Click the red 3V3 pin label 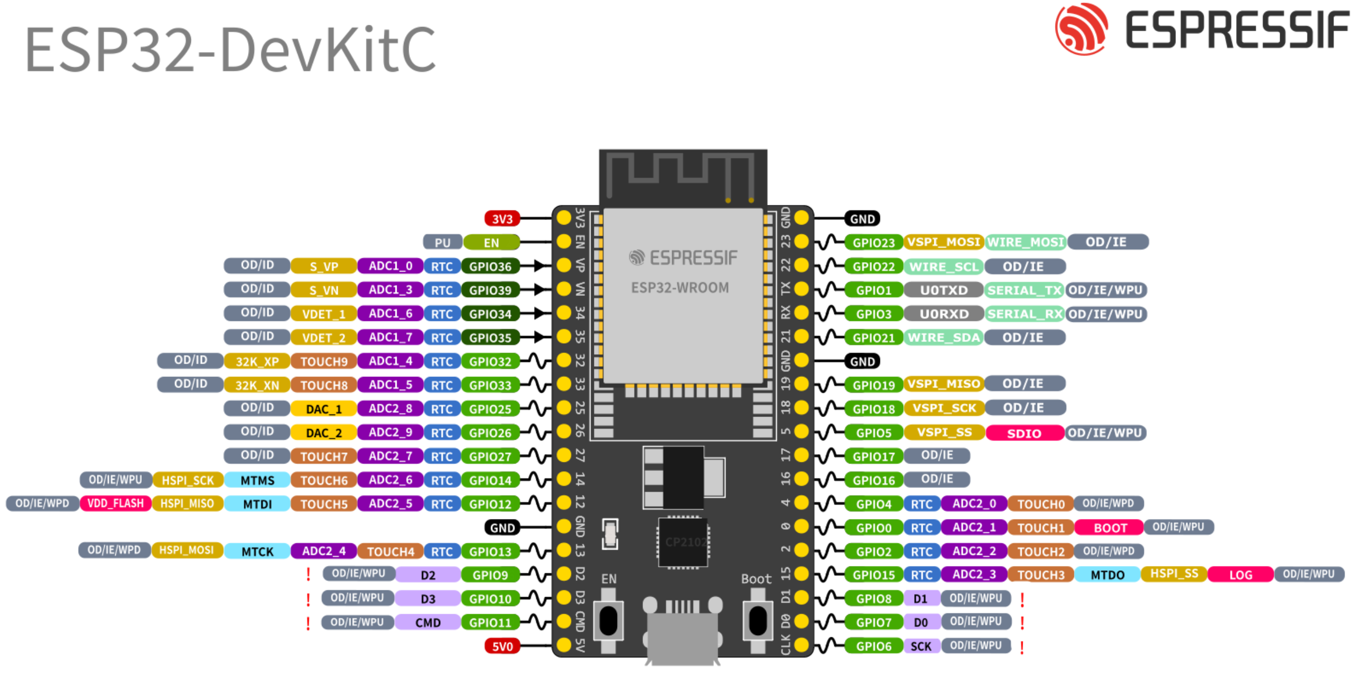[x=502, y=218]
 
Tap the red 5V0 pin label [x=502, y=646]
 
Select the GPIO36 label [x=490, y=266]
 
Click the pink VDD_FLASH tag [x=115, y=503]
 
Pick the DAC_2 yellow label [x=324, y=432]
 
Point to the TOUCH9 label [x=324, y=361]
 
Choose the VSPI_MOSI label [x=943, y=242]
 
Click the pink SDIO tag [x=1024, y=433]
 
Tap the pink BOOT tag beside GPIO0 [x=1109, y=527]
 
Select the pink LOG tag [x=1240, y=574]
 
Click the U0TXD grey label [x=943, y=290]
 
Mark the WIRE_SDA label [x=943, y=337]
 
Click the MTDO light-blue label [x=1107, y=574]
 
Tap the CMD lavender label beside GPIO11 [x=427, y=622]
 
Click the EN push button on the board [x=608, y=620]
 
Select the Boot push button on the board [x=757, y=620]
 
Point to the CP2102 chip [x=683, y=542]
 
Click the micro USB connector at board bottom [x=682, y=637]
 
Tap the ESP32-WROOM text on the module [x=679, y=288]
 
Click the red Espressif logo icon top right [x=1081, y=29]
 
